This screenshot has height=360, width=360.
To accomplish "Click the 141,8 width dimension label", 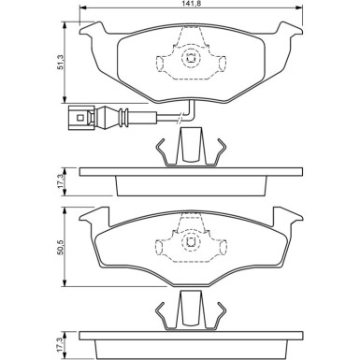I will pos(191,7).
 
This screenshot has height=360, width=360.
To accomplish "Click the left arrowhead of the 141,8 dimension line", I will pos(82,14).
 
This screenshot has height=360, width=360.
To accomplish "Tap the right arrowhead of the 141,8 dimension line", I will pos(299,14).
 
